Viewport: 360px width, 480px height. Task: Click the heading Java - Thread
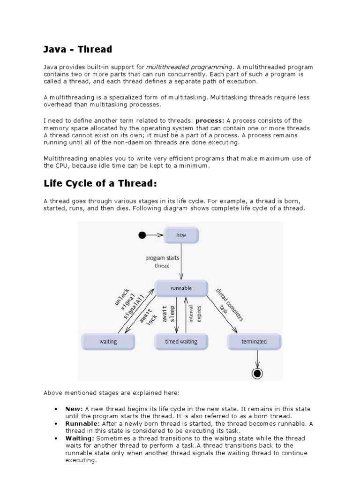pyautogui.click(x=78, y=49)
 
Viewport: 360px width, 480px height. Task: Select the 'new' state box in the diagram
pyautogui.click(x=181, y=235)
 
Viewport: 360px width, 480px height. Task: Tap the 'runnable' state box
pyautogui.click(x=181, y=288)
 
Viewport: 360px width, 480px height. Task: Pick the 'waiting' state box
pyautogui.click(x=108, y=342)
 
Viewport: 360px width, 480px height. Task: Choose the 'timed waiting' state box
pyautogui.click(x=181, y=342)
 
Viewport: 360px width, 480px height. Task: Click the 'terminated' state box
pyautogui.click(x=254, y=342)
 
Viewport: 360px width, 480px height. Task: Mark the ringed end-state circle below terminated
pyautogui.click(x=257, y=373)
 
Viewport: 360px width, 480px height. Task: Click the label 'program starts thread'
pyautogui.click(x=162, y=262)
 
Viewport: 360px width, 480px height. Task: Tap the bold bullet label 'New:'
pyautogui.click(x=74, y=409)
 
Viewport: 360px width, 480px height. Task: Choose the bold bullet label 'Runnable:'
pyautogui.click(x=82, y=423)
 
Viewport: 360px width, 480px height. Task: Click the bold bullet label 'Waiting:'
pyautogui.click(x=80, y=438)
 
